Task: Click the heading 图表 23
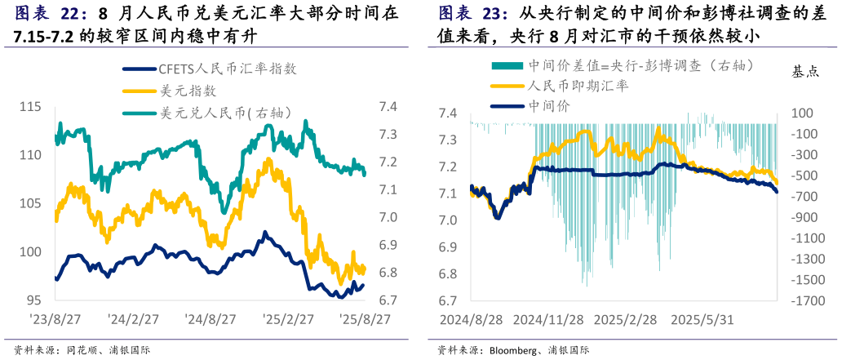[x=473, y=14]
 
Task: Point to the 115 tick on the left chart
[x=30, y=107]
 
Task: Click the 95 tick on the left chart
[x=33, y=300]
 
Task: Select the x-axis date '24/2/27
[x=134, y=318]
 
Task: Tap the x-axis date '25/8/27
[x=365, y=318]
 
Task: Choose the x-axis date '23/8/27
[x=55, y=318]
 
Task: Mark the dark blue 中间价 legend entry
[x=549, y=105]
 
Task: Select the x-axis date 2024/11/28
[x=549, y=320]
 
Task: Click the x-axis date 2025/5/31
[x=701, y=320]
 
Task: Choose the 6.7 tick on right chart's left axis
[x=450, y=300]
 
